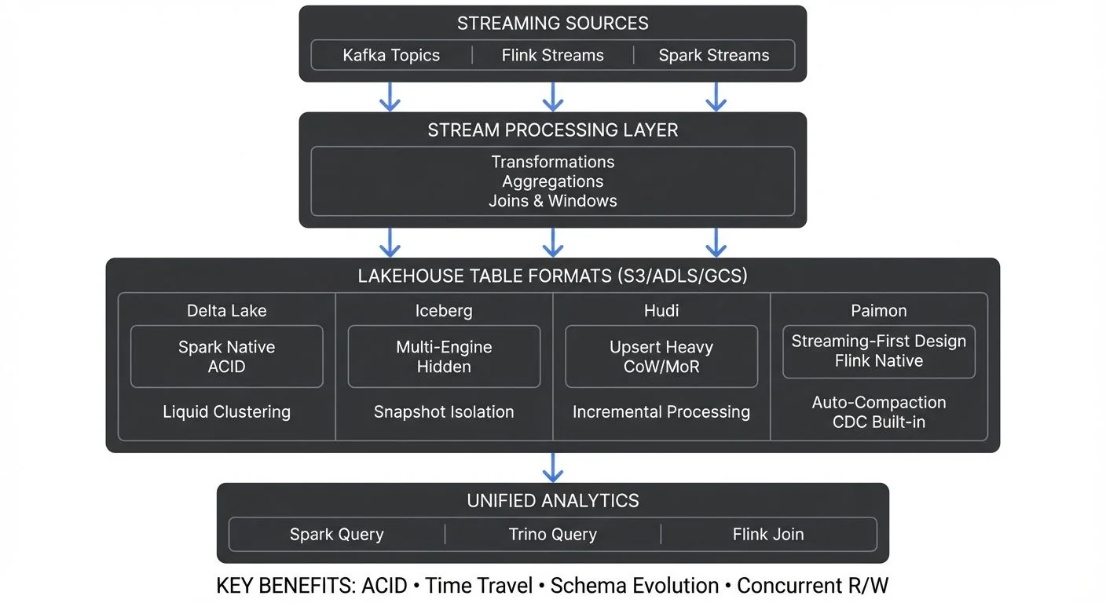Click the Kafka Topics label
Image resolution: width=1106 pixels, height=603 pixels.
click(391, 56)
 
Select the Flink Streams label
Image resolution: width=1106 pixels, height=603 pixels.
click(553, 56)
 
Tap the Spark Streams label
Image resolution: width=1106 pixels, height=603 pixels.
click(713, 56)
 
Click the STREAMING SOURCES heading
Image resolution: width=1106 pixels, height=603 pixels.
click(553, 24)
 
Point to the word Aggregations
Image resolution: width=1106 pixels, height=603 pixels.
click(553, 181)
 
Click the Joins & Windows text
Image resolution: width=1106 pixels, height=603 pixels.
click(553, 201)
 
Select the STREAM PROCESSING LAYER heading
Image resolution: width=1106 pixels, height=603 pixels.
click(553, 130)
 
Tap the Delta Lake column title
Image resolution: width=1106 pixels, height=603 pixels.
click(227, 311)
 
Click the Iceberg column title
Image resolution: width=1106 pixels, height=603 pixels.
click(444, 311)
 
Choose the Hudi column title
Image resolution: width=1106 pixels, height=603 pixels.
click(661, 311)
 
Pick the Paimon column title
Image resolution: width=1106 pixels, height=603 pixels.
click(878, 311)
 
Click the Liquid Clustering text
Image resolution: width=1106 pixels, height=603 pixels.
click(227, 412)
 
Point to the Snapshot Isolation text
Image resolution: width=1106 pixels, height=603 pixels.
click(444, 412)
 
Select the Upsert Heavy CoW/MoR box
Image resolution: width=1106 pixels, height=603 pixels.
click(661, 356)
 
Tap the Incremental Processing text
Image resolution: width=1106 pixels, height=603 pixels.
click(661, 412)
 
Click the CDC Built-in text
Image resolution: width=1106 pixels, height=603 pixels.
click(878, 422)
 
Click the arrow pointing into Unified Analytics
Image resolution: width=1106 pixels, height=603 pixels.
click(553, 468)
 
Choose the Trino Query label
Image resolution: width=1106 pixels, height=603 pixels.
click(553, 535)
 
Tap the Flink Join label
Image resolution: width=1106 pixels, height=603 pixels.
click(768, 535)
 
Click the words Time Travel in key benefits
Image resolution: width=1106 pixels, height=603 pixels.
click(479, 586)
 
